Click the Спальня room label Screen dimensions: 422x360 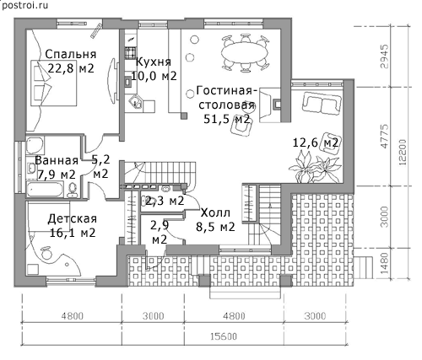(x=71, y=54)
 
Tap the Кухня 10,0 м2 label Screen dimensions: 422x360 (x=154, y=69)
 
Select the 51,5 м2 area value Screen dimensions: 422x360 (x=227, y=119)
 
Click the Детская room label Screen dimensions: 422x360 (x=73, y=218)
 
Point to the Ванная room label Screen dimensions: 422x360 (x=57, y=160)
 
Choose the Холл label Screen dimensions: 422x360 (x=215, y=212)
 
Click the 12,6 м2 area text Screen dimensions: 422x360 (x=316, y=142)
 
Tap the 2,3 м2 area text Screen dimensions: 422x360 (x=162, y=201)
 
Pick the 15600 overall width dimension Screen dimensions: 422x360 (x=224, y=336)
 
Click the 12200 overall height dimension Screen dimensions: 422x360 (x=403, y=152)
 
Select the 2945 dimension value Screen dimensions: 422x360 (x=384, y=56)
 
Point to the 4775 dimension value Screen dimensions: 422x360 (x=385, y=136)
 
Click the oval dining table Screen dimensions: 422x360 (x=244, y=52)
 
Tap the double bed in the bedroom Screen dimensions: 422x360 (x=53, y=83)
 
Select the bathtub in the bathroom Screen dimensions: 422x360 (x=45, y=189)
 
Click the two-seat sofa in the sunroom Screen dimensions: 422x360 (x=322, y=104)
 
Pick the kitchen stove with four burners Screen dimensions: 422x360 (x=130, y=53)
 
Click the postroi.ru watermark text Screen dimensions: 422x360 (x=24, y=5)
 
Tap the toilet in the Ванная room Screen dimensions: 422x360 (x=73, y=190)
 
